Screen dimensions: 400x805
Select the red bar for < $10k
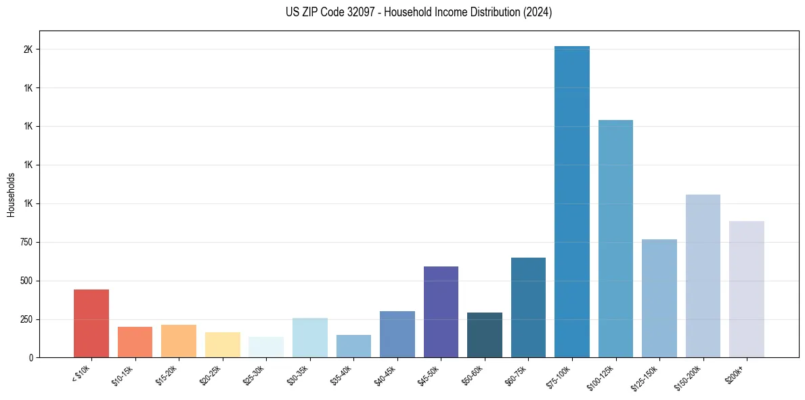pyautogui.click(x=91, y=323)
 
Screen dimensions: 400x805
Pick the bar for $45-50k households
pyautogui.click(x=441, y=312)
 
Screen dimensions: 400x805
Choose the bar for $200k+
pyautogui.click(x=747, y=289)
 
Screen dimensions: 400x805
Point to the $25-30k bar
pyautogui.click(x=266, y=347)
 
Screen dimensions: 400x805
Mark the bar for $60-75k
pyautogui.click(x=528, y=307)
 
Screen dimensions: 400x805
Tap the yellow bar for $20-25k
pyautogui.click(x=222, y=344)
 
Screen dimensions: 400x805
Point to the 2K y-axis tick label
pyautogui.click(x=28, y=49)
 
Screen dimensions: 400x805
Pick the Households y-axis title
pyautogui.click(x=12, y=195)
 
